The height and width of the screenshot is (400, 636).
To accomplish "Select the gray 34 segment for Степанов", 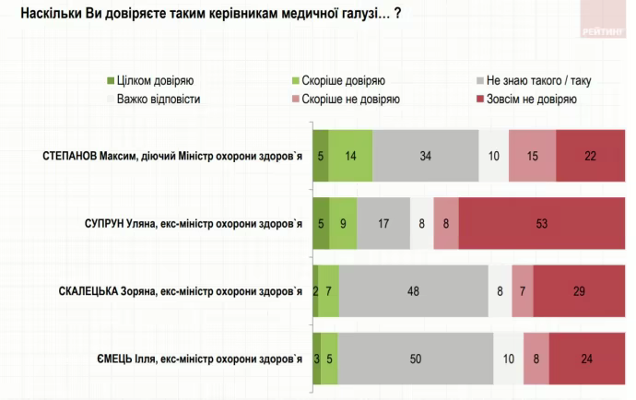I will [426, 155].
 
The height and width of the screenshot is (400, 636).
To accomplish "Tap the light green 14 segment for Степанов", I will [351, 155].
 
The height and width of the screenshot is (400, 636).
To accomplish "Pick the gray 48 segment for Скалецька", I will [414, 290].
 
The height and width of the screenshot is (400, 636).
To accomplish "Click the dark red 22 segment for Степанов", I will [590, 155].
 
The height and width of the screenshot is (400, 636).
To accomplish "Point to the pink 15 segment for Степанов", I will [532, 155].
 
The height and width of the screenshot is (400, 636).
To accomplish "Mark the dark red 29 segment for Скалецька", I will [578, 290].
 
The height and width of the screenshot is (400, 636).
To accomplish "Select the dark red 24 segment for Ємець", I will [585, 359].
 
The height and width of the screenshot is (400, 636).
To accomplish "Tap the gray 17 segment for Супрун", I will [383, 222].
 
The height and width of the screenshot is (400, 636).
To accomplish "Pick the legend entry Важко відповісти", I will [159, 99].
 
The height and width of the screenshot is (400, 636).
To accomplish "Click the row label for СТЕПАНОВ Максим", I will [172, 155].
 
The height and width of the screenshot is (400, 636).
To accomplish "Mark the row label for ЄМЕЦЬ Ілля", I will [201, 359].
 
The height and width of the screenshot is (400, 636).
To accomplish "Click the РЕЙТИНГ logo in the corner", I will [603, 29].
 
